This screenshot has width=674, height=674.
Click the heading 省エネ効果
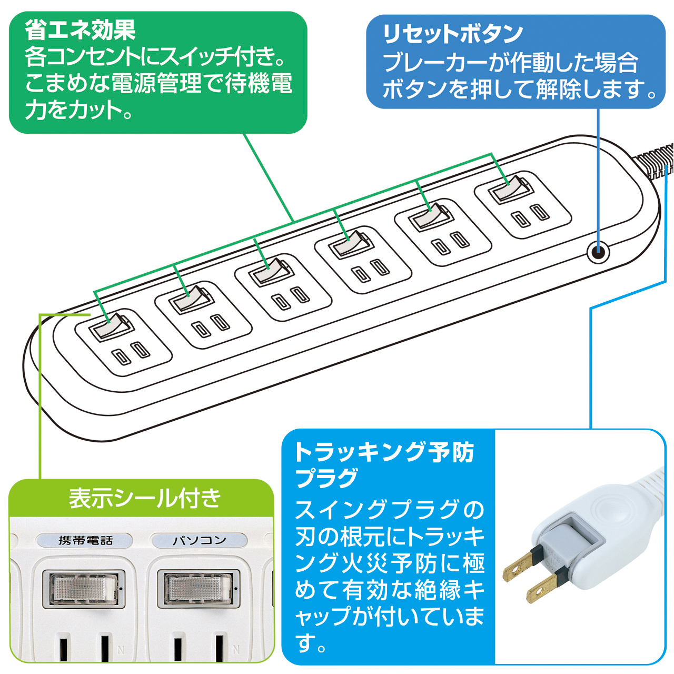click(80, 30)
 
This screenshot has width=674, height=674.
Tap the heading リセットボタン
click(453, 34)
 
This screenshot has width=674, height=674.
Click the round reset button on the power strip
click(598, 252)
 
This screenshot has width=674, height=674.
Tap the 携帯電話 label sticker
click(85, 540)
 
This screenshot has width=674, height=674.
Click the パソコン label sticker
click(200, 540)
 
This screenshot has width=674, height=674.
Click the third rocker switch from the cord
click(350, 244)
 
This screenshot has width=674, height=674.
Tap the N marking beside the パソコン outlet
click(236, 650)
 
